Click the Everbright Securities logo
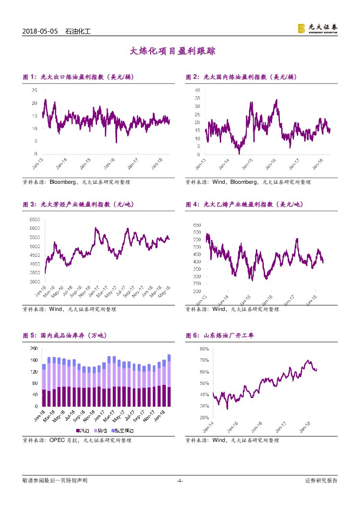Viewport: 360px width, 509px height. pyautogui.click(x=317, y=29)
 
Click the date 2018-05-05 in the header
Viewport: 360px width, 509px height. pyautogui.click(x=40, y=31)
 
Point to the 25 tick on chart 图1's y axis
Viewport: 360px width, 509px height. pyautogui.click(x=34, y=90)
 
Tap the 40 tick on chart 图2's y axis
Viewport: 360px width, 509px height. pyautogui.click(x=197, y=90)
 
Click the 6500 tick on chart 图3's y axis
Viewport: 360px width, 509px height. pyautogui.click(x=34, y=219)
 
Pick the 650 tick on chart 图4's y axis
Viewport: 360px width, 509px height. pyautogui.click(x=196, y=225)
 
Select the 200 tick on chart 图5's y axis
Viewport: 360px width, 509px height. pyautogui.click(x=34, y=349)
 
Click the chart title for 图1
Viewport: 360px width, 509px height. pyautogui.click(x=78, y=77)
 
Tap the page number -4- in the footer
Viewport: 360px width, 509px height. pyautogui.click(x=179, y=481)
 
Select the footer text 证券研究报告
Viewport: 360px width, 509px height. pyautogui.click(x=321, y=481)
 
